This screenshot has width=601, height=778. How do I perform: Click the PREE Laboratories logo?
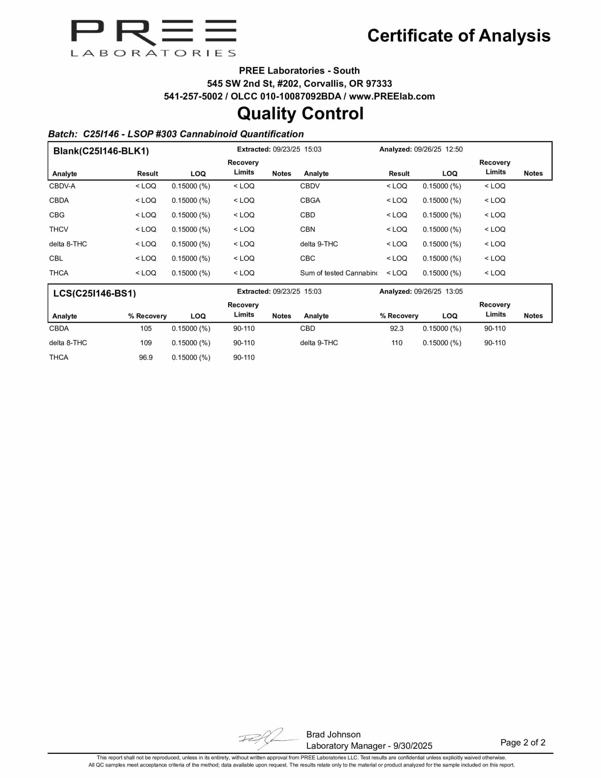click(153, 38)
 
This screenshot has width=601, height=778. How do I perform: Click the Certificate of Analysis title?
click(458, 36)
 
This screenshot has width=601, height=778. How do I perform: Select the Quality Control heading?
click(300, 114)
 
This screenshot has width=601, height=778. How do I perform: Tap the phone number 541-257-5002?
click(193, 97)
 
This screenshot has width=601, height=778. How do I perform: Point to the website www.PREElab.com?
click(392, 97)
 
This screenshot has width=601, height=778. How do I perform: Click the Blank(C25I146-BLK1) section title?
click(101, 151)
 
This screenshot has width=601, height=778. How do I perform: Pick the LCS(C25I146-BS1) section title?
click(94, 294)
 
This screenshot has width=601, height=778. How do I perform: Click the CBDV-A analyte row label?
click(62, 186)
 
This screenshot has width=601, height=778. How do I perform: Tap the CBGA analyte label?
click(310, 201)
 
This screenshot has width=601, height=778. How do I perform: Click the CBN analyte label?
click(307, 229)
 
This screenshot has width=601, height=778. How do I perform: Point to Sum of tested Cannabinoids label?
click(338, 273)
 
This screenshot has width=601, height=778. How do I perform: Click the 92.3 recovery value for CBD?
click(397, 329)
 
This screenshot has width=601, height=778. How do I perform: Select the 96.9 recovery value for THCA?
click(146, 357)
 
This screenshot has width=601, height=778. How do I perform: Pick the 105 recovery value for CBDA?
click(146, 329)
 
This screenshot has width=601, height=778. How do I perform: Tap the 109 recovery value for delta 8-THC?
click(146, 343)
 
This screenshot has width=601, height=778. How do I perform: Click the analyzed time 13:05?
click(454, 291)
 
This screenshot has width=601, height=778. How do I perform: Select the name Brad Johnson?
click(333, 734)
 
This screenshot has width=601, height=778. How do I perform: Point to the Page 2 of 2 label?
click(523, 742)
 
